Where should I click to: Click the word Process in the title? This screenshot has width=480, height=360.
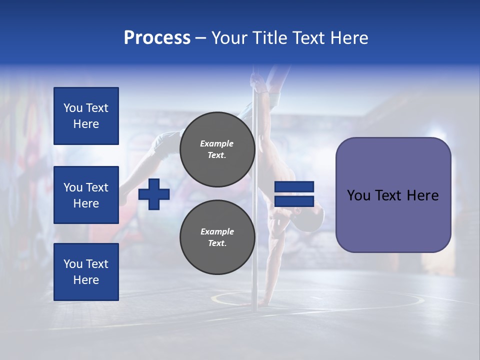(157, 38)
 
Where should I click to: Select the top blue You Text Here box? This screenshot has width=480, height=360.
(86, 116)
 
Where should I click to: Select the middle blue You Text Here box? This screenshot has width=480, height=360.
(86, 195)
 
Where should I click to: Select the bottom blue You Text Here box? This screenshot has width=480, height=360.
(86, 271)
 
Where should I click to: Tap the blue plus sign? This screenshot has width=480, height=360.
(154, 194)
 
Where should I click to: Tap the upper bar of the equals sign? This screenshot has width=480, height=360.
(294, 187)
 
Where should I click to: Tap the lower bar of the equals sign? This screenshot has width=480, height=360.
(294, 201)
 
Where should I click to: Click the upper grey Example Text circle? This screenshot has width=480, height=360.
(217, 149)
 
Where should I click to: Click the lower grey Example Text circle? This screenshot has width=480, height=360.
(217, 237)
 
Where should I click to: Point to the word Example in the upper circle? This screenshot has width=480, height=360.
(217, 143)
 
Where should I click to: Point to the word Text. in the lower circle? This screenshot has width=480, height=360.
(217, 243)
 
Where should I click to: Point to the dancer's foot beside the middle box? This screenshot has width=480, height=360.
(122, 199)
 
